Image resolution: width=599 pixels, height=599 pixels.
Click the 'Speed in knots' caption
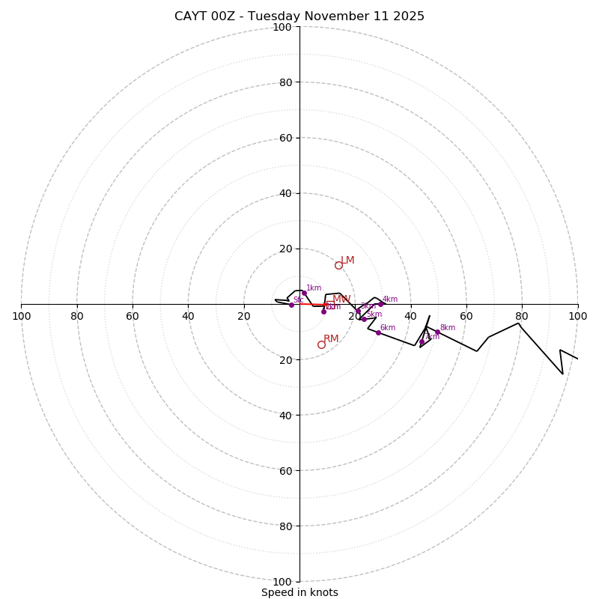click(299, 592)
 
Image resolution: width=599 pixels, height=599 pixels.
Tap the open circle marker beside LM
click(338, 265)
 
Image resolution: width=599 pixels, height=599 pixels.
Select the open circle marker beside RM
click(321, 344)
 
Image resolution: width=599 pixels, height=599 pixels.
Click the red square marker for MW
click(330, 305)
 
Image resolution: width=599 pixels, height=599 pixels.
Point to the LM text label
click(347, 261)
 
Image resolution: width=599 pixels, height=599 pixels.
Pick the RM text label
click(331, 339)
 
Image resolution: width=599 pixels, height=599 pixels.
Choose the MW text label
click(341, 299)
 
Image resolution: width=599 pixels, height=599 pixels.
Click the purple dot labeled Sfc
click(291, 305)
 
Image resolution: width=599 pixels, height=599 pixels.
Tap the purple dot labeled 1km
click(304, 293)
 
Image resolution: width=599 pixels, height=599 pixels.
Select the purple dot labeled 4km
click(380, 304)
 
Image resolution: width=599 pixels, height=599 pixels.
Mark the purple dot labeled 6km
click(378, 332)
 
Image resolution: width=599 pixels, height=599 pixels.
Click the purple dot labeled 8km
click(437, 332)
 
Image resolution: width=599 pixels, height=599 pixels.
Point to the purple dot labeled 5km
click(364, 319)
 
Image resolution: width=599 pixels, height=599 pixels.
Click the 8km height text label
click(448, 327)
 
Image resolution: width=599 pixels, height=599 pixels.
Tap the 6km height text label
click(388, 327)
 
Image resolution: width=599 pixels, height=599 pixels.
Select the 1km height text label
click(314, 288)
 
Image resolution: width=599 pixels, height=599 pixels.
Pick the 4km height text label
click(390, 299)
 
